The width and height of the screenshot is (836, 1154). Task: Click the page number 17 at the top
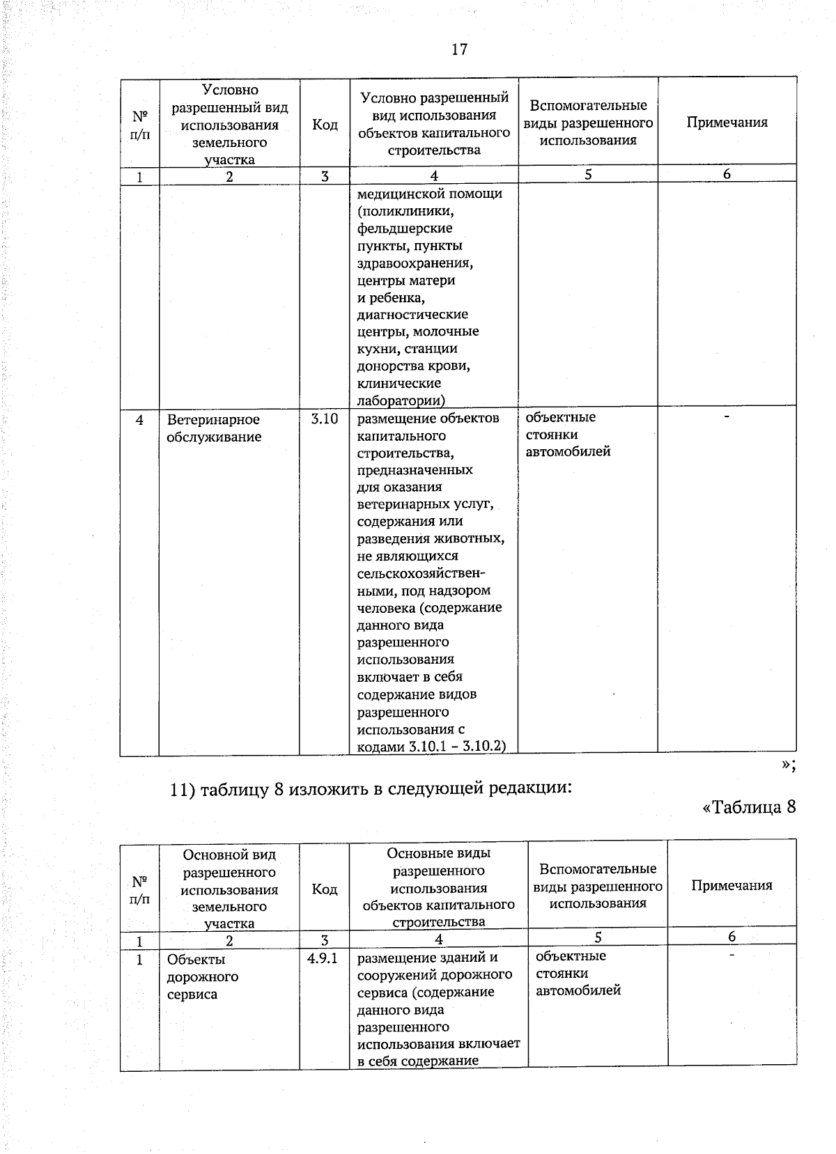tap(459, 49)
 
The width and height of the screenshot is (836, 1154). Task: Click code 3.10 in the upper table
tap(324, 419)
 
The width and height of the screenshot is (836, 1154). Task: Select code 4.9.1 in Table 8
tap(323, 958)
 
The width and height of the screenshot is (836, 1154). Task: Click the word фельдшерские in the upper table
tap(405, 228)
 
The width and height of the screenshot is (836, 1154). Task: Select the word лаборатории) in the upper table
tap(401, 400)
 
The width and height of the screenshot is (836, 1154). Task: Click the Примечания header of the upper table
tap(727, 123)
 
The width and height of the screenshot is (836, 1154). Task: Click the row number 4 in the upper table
tap(139, 420)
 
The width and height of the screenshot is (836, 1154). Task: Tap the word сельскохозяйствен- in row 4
tap(421, 574)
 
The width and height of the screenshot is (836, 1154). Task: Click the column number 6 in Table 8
tap(731, 937)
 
